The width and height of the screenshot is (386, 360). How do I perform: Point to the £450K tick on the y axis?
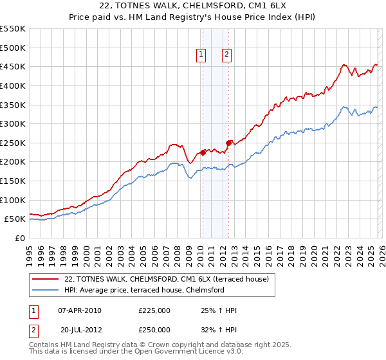pos(13,66)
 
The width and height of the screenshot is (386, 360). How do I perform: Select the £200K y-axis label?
pos(13,162)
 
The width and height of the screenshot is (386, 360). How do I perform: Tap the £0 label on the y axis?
pos(19,238)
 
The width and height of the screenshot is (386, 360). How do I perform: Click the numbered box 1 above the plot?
pos(201,55)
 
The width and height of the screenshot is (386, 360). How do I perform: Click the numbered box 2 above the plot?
pos(227,55)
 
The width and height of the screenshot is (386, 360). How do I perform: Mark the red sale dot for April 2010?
pos(203,152)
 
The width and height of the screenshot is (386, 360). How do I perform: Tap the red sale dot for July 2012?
pos(228,143)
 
